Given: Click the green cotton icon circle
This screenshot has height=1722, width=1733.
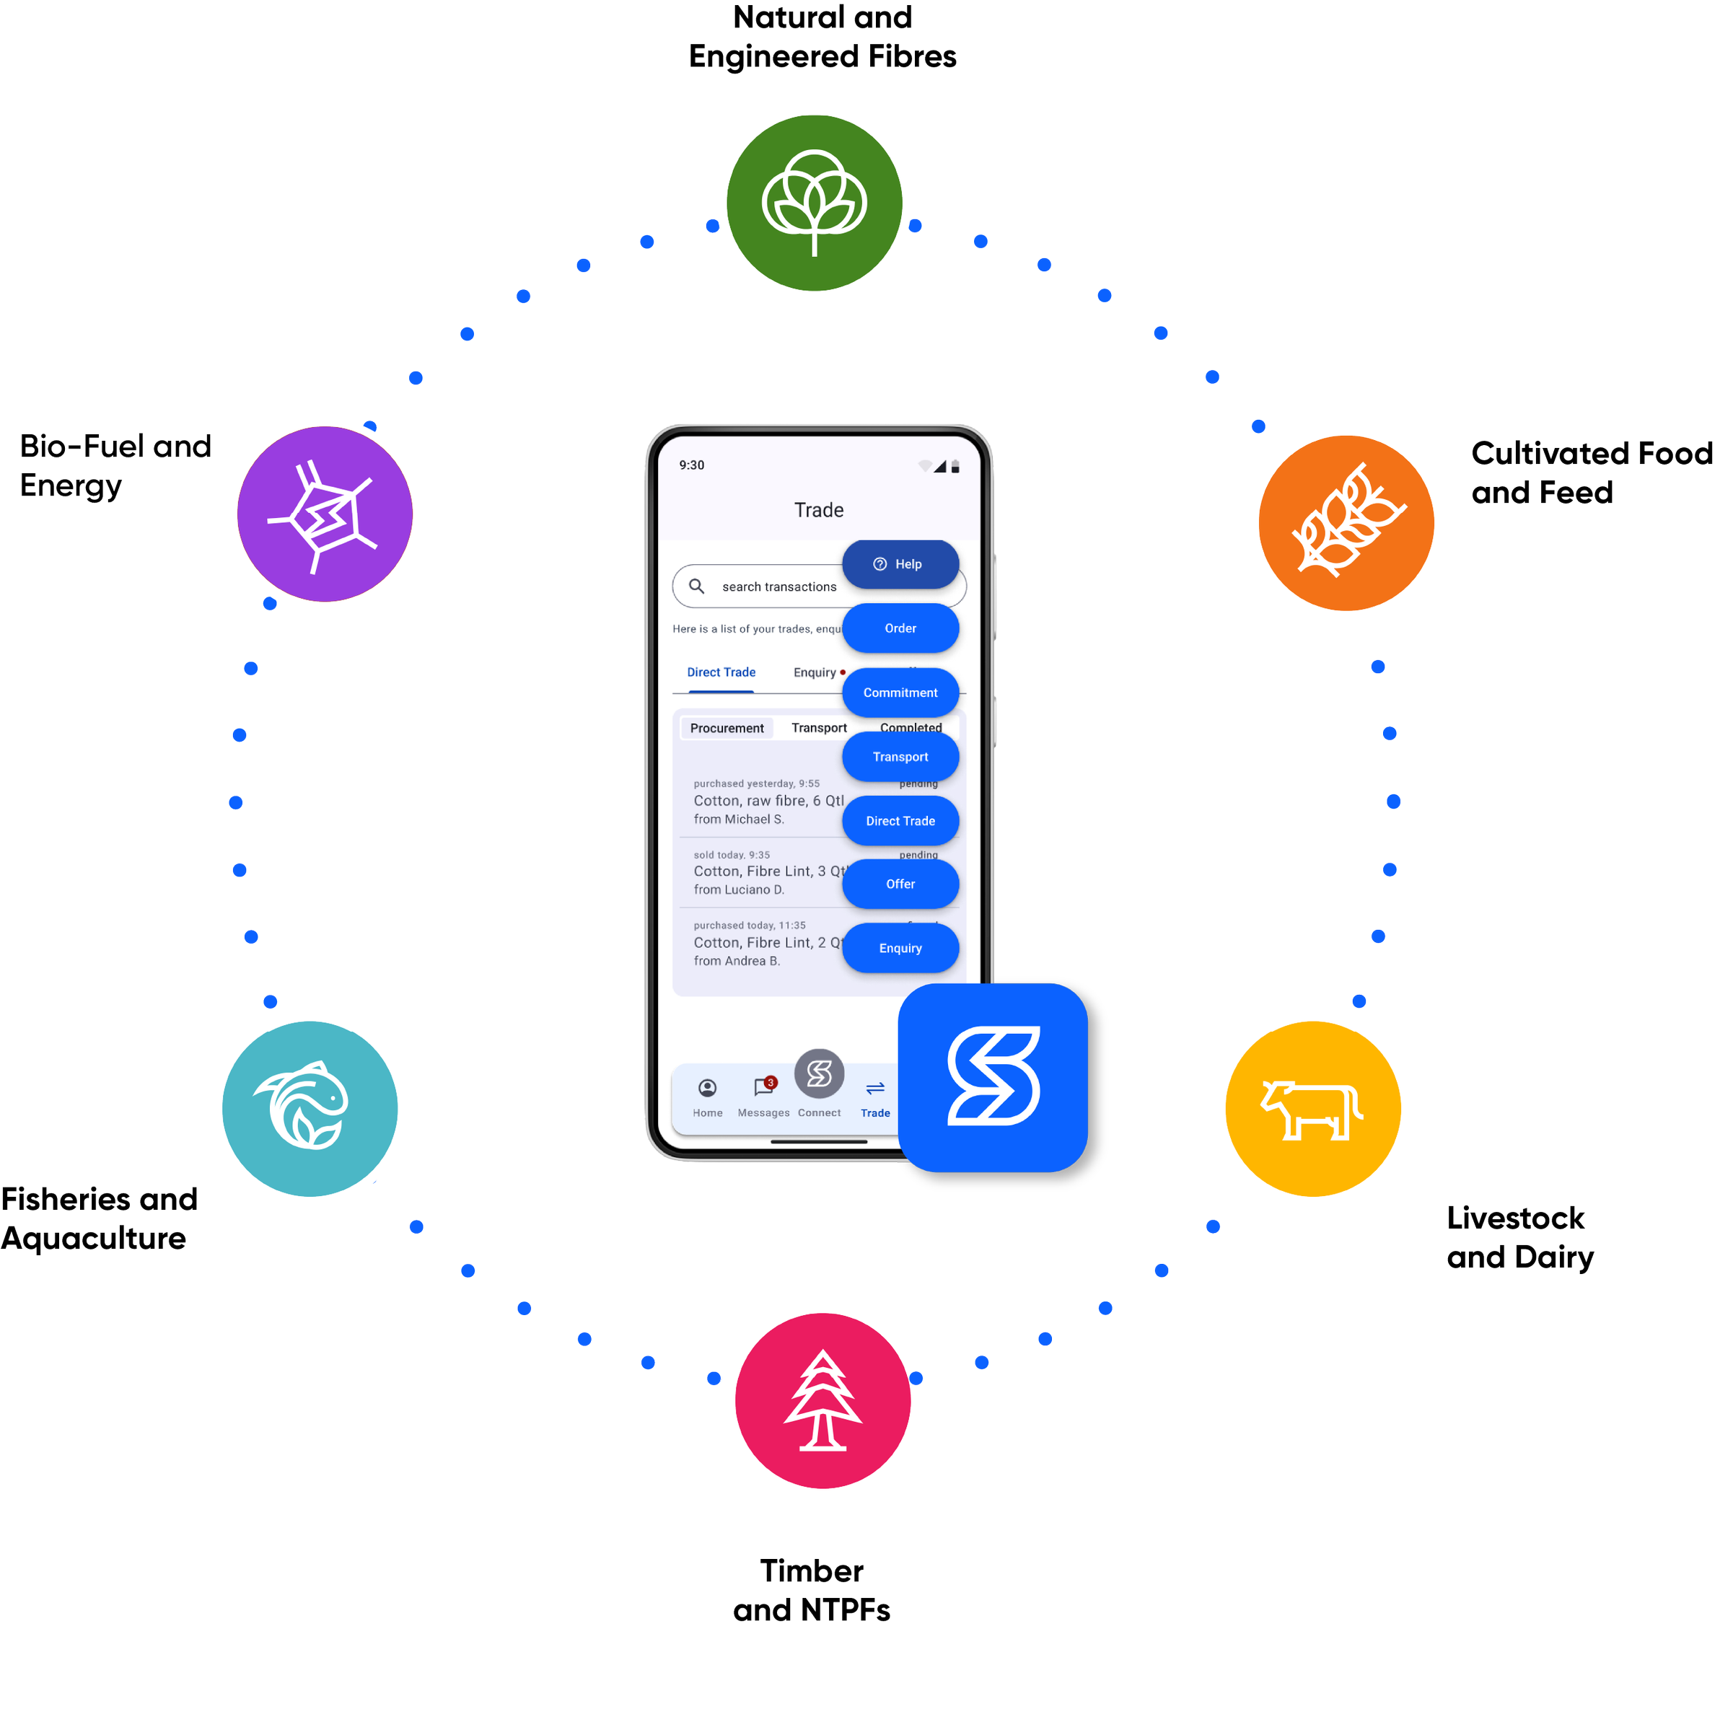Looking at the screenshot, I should [x=814, y=203].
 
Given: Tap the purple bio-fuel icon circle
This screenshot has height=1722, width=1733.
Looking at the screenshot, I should [x=325, y=514].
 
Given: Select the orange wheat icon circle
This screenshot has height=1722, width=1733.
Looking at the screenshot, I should [x=1346, y=523].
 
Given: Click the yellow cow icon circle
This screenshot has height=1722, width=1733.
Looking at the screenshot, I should [x=1312, y=1109].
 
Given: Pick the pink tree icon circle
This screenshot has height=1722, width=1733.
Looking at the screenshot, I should [x=822, y=1401].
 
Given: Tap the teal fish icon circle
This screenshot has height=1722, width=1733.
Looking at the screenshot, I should [x=310, y=1109].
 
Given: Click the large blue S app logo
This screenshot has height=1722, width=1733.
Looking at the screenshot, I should [x=993, y=1077].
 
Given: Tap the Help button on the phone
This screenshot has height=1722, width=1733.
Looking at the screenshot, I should [x=900, y=564].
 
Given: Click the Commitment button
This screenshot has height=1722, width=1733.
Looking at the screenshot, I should [x=900, y=693].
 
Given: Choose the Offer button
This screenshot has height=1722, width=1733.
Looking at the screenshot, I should [x=900, y=884].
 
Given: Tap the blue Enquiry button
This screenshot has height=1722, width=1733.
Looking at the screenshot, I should [x=900, y=948].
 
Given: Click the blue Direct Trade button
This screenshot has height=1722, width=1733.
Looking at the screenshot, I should [x=900, y=821].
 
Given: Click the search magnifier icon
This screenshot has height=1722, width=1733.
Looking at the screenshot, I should [x=697, y=587].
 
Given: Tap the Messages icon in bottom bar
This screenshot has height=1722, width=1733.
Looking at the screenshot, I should [x=763, y=1089].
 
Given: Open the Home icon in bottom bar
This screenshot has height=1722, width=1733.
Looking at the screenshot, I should [x=708, y=1089].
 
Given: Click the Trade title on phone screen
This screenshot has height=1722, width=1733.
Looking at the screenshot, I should [x=819, y=510].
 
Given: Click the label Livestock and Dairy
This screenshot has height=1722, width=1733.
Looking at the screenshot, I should [x=1519, y=1238].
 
